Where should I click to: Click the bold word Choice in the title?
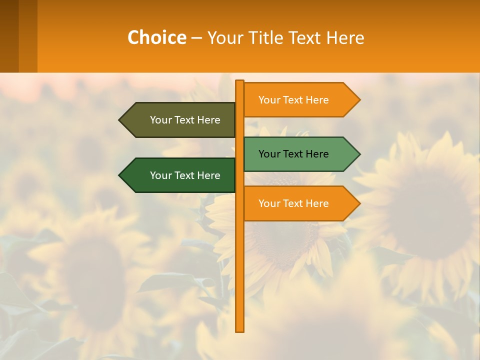(156, 37)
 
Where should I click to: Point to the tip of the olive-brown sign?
(120, 120)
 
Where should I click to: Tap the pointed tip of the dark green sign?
(120, 175)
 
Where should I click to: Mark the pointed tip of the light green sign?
(359, 154)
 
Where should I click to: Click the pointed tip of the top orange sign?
(359, 100)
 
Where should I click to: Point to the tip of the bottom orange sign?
(359, 203)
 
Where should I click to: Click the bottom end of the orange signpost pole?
(240, 330)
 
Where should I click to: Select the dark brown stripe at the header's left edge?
(9, 36)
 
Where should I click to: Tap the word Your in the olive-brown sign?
(160, 120)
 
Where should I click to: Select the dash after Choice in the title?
(196, 38)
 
